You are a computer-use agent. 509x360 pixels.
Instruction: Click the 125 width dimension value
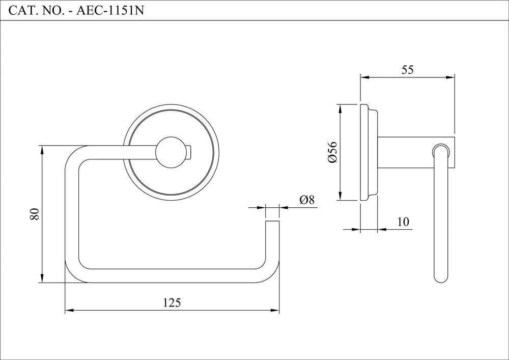click(x=172, y=302)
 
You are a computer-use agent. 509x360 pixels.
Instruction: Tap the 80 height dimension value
click(x=35, y=214)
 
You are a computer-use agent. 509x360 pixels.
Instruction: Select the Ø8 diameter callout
click(x=306, y=200)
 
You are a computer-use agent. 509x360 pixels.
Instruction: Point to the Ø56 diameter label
click(x=332, y=152)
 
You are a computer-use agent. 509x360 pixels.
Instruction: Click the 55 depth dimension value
click(x=407, y=70)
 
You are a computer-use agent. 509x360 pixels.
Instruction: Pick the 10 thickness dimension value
click(x=403, y=222)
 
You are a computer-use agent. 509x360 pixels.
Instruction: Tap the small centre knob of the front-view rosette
click(x=172, y=152)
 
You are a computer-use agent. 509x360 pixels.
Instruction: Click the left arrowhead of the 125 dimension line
click(x=68, y=310)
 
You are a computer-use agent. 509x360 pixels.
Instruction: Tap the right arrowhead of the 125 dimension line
click(x=276, y=310)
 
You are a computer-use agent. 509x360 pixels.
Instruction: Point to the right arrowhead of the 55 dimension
click(x=450, y=78)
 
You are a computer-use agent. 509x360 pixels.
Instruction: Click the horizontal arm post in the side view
click(x=405, y=152)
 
